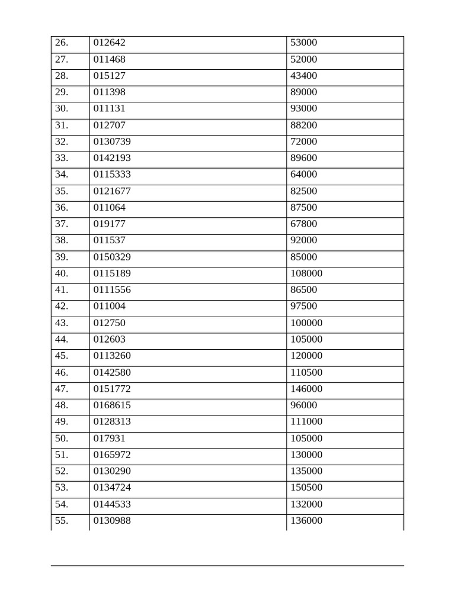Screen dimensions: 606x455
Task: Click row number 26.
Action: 62,43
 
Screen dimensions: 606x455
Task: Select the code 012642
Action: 110,43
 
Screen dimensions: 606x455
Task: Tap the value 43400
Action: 303,76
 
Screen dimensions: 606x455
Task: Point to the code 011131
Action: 110,109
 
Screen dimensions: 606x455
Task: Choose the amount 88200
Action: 303,125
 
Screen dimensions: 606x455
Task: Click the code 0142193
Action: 112,158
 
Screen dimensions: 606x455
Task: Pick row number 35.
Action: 62,191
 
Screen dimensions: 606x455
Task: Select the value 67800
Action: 303,224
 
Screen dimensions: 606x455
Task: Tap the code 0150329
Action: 112,257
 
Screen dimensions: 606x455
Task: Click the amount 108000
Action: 306,274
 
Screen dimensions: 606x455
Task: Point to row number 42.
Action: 62,307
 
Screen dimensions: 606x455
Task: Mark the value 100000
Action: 306,323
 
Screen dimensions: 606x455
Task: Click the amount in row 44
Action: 306,340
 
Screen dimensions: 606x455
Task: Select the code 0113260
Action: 112,356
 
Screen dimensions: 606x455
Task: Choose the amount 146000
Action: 306,389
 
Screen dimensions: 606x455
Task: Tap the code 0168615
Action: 112,405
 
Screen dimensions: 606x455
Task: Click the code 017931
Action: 110,439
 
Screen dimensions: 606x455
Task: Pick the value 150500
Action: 306,488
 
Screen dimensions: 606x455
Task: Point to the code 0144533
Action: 112,504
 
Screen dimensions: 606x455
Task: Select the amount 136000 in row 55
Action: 306,521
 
